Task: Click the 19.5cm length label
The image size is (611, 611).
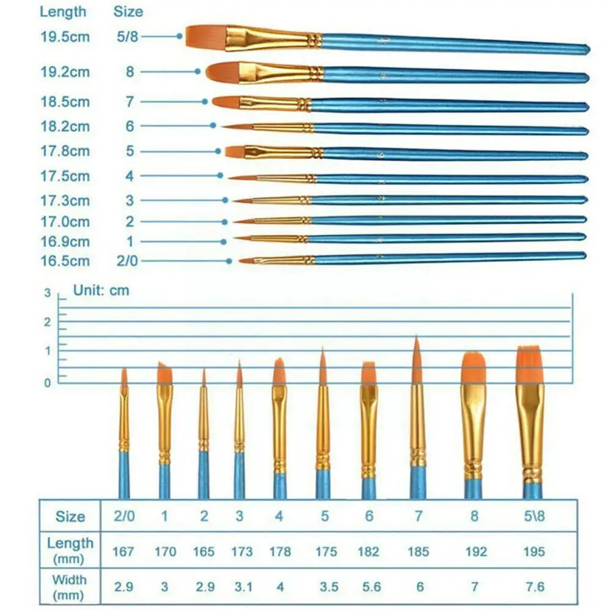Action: [65, 37]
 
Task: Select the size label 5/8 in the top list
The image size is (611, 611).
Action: [128, 37]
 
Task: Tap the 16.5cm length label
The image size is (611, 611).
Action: [65, 261]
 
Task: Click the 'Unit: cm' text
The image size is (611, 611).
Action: [101, 290]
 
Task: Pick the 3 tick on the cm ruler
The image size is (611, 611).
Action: [47, 293]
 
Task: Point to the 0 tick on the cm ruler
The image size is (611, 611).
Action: [47, 383]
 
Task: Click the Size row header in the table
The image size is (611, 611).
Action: [70, 516]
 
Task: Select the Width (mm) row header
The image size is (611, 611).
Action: [70, 586]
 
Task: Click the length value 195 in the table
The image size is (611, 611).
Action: [534, 552]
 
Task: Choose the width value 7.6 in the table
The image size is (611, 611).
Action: [534, 587]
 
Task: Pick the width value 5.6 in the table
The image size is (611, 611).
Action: [368, 587]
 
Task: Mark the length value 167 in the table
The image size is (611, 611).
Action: [124, 552]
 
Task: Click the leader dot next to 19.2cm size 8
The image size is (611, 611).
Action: [197, 71]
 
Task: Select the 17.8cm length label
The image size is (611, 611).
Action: [65, 151]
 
